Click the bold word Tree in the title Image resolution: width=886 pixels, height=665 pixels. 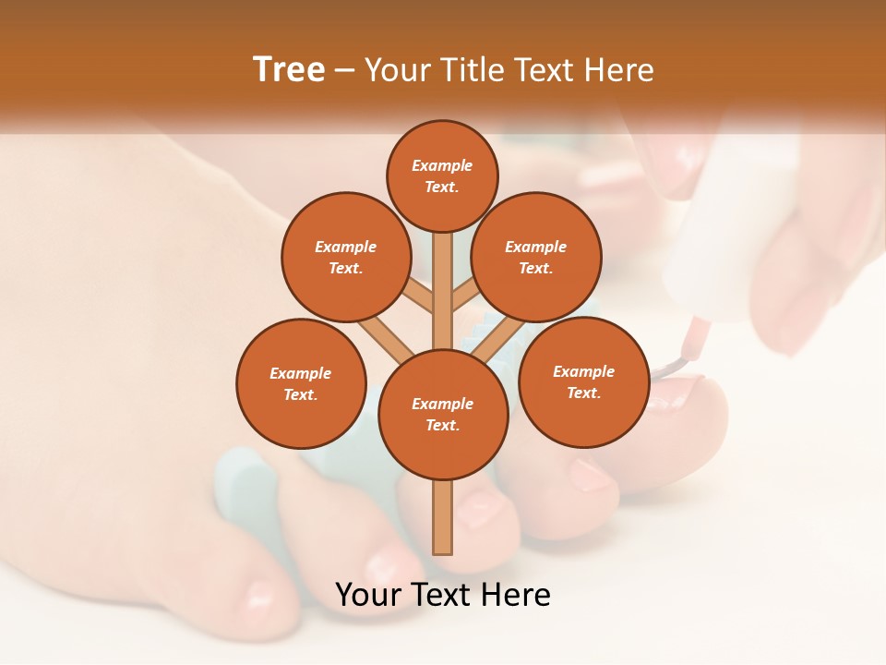289,69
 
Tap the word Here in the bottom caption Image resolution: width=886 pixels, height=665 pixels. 512,595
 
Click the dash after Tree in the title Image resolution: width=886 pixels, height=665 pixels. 344,71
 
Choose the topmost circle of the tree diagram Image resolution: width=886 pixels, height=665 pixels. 442,175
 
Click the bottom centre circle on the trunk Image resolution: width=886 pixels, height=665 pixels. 443,415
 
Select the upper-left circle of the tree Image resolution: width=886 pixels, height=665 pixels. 346,257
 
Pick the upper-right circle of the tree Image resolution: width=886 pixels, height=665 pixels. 536,257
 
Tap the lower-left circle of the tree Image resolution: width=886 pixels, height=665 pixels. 301,383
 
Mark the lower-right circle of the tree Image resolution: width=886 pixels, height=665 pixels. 583,381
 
